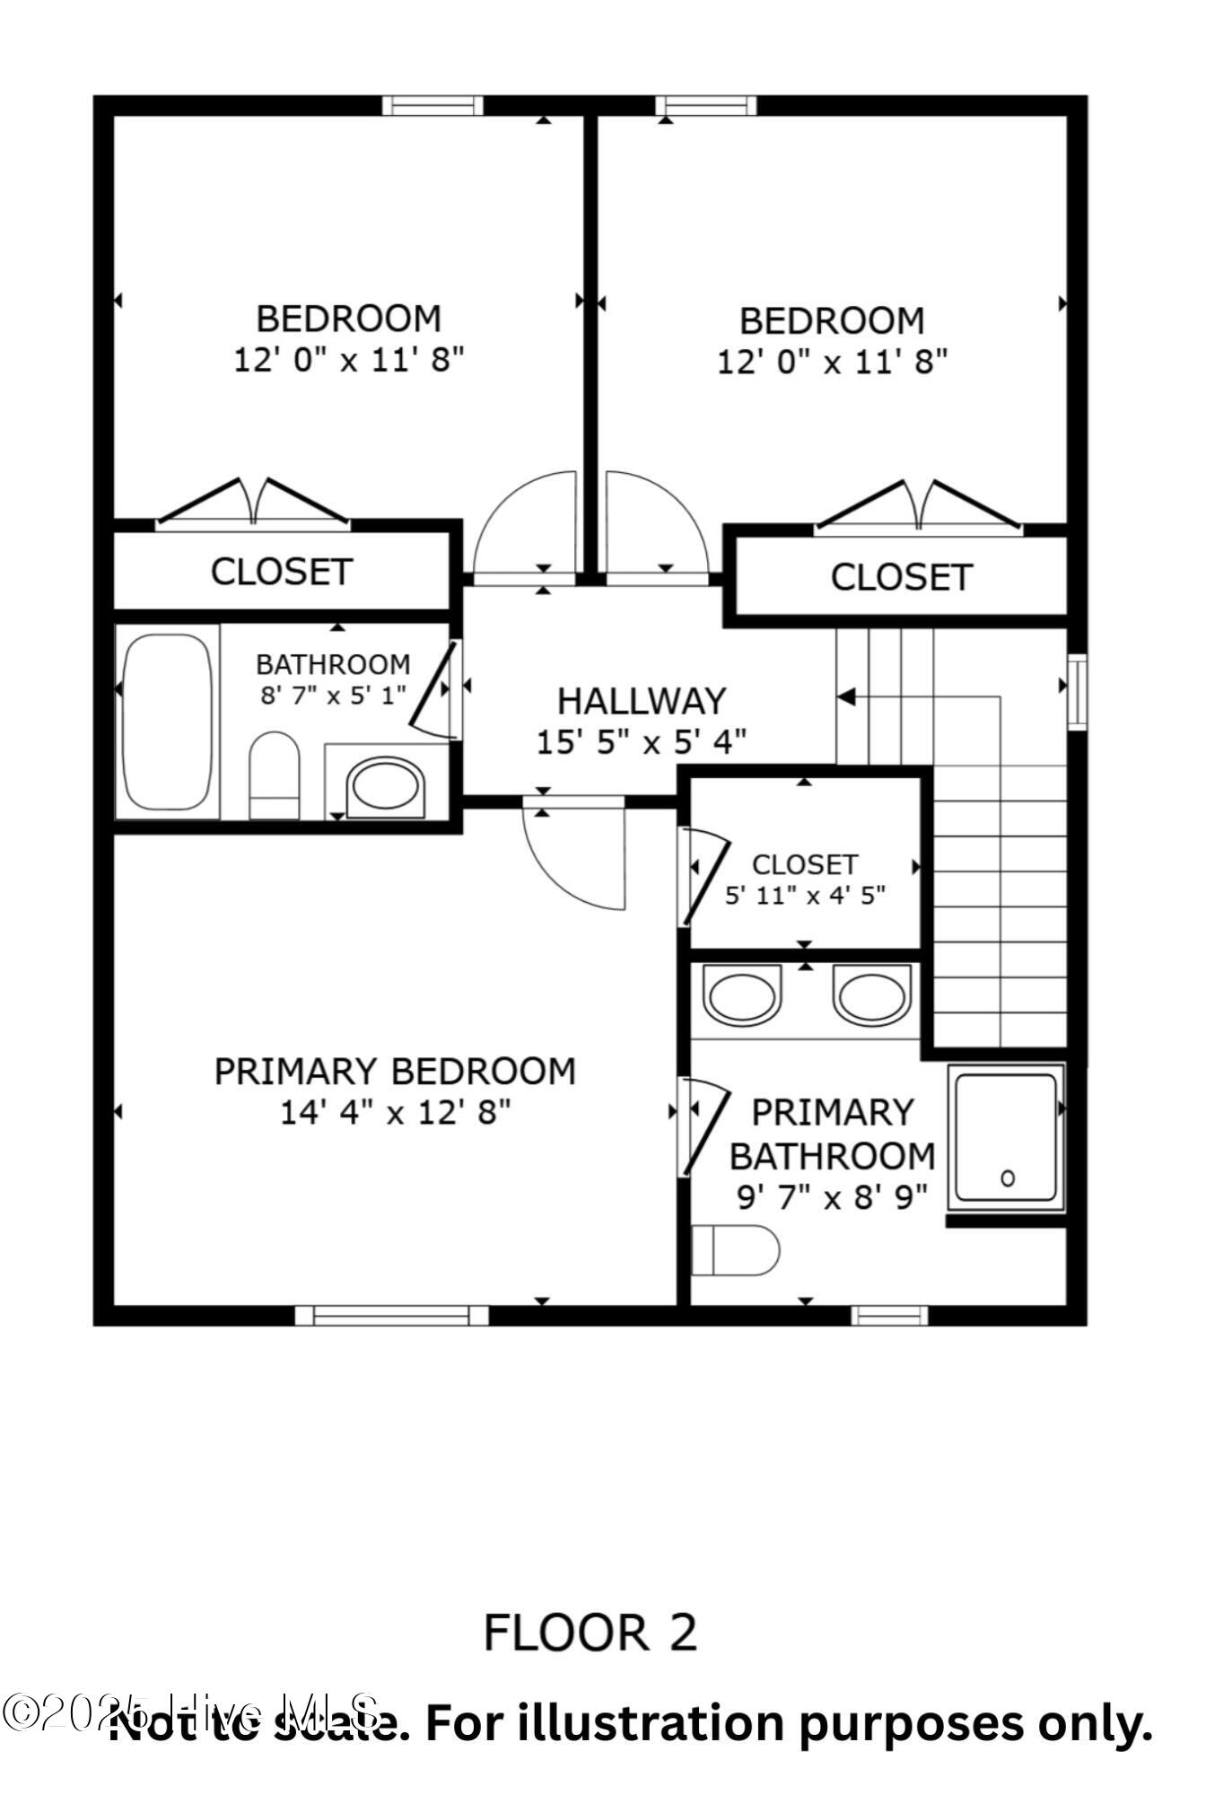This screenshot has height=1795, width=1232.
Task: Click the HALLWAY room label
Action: click(x=641, y=700)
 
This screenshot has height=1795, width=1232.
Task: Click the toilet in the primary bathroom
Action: click(x=736, y=1249)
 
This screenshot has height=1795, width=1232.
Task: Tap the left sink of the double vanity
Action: click(x=740, y=995)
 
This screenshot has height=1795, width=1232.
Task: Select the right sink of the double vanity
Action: click(x=870, y=995)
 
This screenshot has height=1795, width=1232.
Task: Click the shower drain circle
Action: click(x=1007, y=1178)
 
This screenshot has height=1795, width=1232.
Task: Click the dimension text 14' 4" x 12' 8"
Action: click(x=395, y=1113)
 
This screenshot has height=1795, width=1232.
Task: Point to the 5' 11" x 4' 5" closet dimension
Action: click(x=805, y=895)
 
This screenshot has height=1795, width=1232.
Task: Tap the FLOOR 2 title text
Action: click(x=590, y=1632)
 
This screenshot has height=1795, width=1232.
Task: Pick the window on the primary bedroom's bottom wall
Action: click(x=392, y=1316)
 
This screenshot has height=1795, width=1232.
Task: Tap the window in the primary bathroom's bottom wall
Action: click(x=888, y=1316)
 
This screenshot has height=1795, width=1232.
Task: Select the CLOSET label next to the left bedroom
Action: click(x=281, y=572)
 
